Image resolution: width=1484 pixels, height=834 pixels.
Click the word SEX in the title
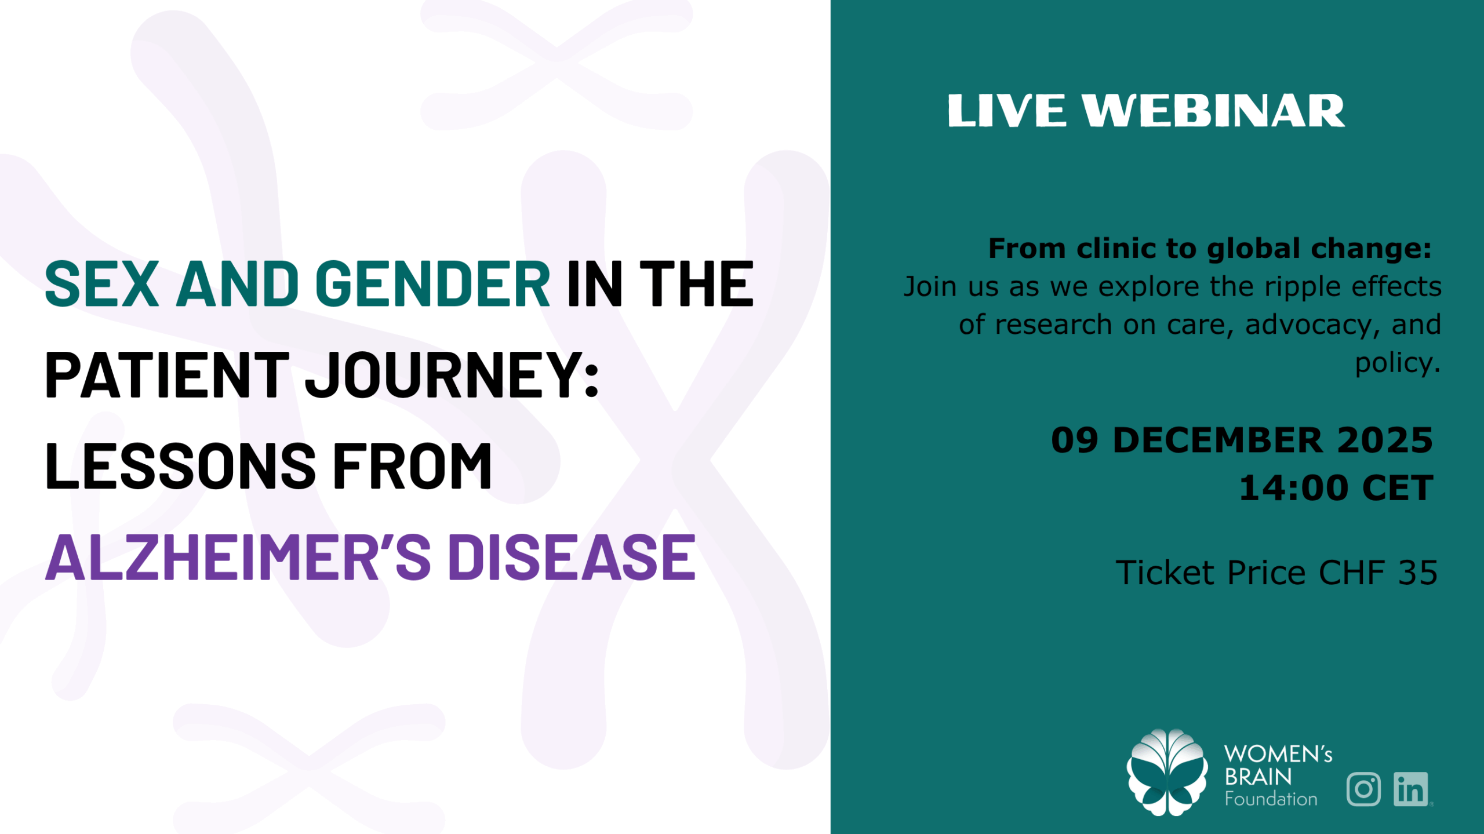tap(102, 283)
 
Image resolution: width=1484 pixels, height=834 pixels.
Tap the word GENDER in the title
tap(432, 283)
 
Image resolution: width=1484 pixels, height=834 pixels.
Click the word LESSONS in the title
tap(181, 465)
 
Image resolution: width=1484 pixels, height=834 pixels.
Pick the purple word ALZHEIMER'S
tap(238, 557)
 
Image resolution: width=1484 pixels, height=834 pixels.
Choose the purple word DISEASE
tap(572, 557)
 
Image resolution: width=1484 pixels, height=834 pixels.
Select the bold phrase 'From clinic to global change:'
tap(1210, 249)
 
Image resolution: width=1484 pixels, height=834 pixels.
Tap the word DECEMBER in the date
tap(1218, 440)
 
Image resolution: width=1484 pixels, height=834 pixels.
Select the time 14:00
tap(1294, 488)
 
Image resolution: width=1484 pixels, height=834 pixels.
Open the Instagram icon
tap(1363, 789)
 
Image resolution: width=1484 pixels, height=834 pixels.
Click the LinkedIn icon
tap(1411, 789)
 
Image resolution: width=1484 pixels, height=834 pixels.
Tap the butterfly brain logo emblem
tap(1167, 772)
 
